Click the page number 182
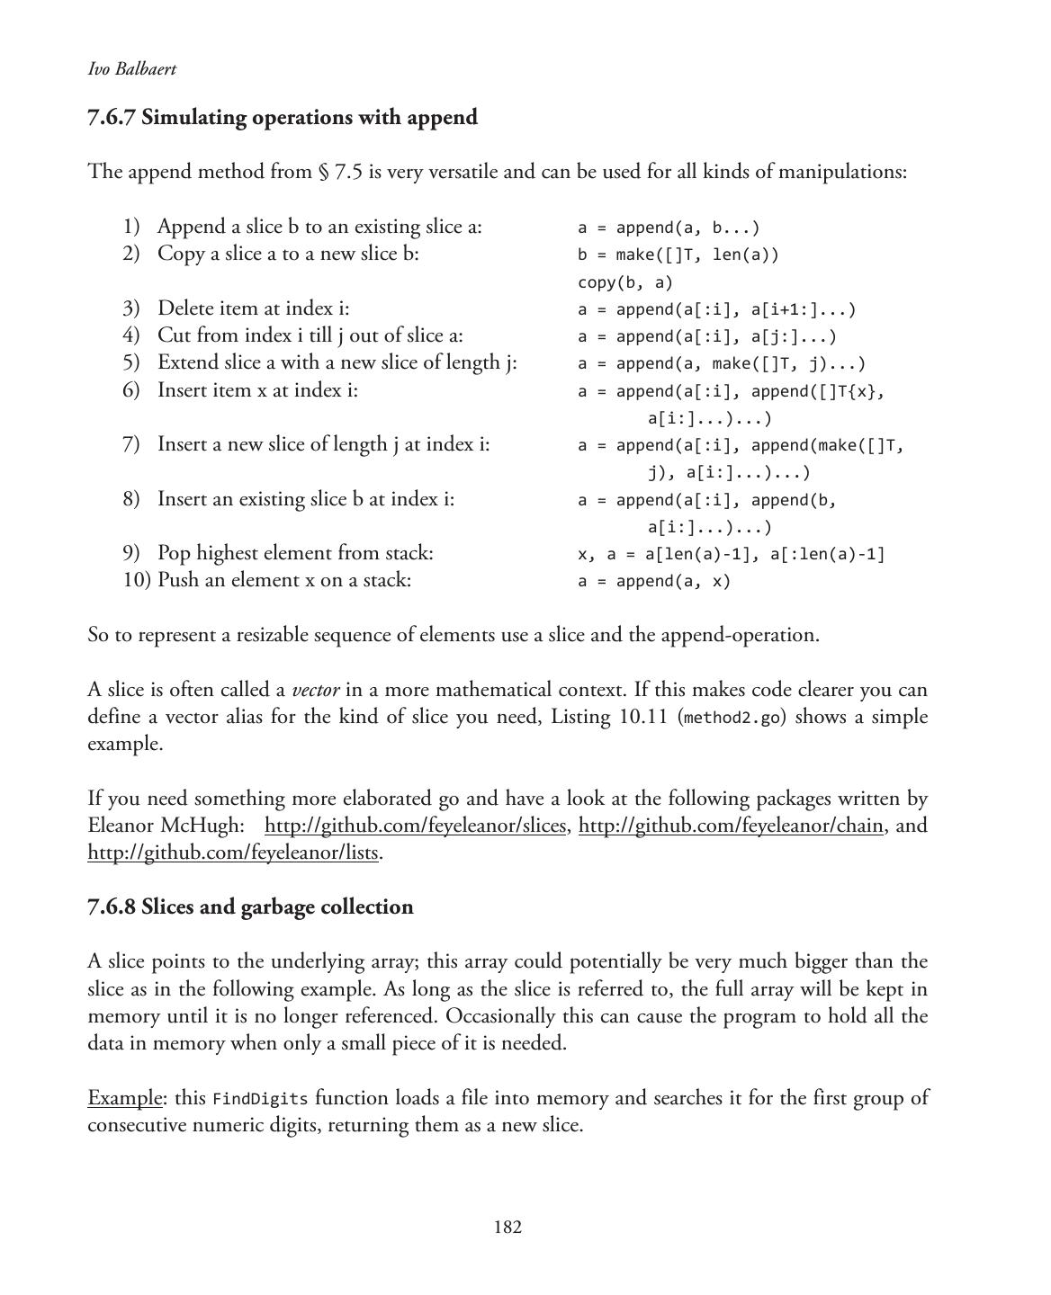(508, 1228)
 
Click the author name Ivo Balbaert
(131, 69)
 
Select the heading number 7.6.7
(112, 118)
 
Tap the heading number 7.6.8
(112, 906)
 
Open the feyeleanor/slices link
(415, 826)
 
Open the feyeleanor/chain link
(730, 826)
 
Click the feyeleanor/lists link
(232, 853)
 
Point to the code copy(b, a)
(624, 282)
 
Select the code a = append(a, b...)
(669, 228)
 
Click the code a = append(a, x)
(654, 581)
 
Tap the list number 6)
(131, 390)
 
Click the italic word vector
(316, 691)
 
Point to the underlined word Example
(125, 1098)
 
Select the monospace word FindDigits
(260, 1099)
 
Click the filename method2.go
(728, 718)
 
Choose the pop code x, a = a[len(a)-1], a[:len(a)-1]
(731, 554)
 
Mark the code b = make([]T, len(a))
(678, 255)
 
